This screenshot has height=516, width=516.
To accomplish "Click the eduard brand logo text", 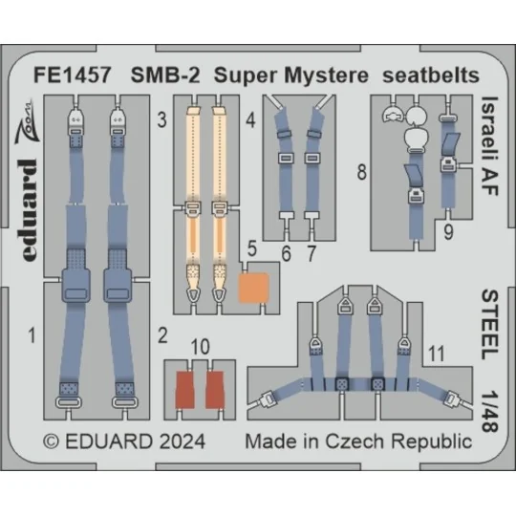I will point(29,197).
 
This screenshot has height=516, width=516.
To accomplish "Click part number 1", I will point(32,335).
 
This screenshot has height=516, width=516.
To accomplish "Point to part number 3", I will point(162,120).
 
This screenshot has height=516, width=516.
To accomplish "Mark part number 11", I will point(435,353).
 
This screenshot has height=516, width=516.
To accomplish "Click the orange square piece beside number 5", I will point(253,287).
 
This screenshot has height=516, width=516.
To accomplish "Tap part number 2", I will point(162,335).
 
